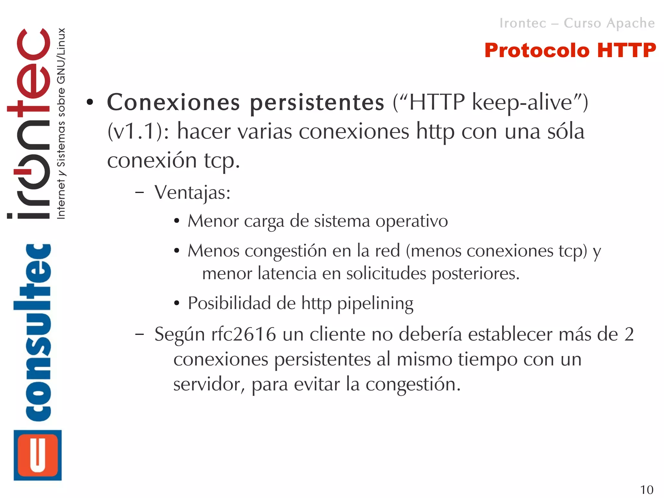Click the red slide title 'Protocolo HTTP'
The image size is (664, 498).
(570, 51)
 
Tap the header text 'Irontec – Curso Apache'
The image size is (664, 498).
(577, 23)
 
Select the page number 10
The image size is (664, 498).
(646, 490)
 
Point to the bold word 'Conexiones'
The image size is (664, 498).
(173, 103)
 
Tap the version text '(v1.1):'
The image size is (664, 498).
(138, 132)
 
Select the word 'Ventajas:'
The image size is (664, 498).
(193, 193)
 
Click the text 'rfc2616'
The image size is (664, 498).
(243, 334)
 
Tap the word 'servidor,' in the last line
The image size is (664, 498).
(209, 385)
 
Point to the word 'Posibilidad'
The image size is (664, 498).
(229, 303)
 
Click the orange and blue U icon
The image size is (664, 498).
(38, 455)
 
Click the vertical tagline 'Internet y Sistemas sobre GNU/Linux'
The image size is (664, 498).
(61, 123)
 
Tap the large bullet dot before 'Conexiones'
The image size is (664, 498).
(90, 103)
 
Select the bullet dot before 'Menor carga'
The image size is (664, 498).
(176, 222)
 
